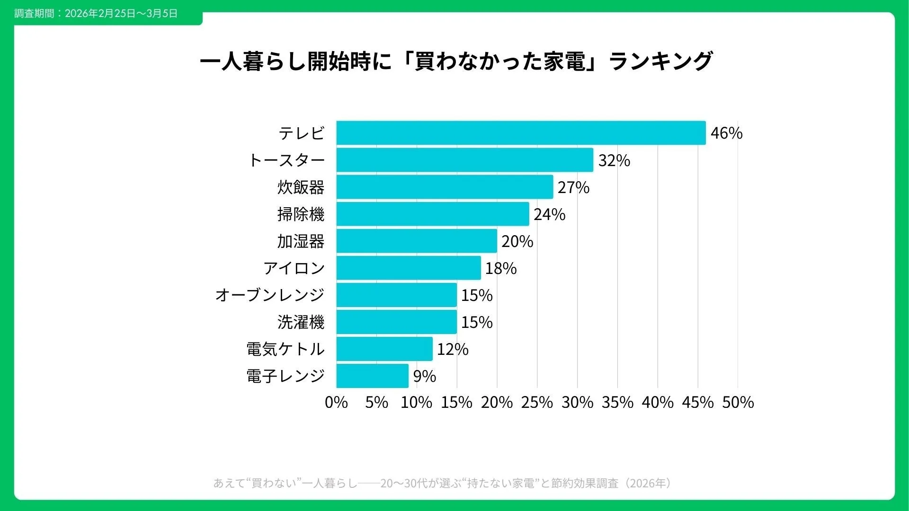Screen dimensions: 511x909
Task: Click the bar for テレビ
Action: coord(521,133)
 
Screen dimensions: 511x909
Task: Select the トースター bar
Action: coord(464,160)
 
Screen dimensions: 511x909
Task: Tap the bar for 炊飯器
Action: coord(445,187)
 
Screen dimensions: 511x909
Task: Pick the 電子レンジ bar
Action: coord(372,376)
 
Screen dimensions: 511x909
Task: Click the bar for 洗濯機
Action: coord(396,322)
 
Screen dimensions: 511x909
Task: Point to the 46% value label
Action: coord(726,133)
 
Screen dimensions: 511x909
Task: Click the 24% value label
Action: coord(549,214)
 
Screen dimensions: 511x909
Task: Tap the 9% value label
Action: coord(424,376)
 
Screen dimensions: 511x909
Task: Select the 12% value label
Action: coord(453,349)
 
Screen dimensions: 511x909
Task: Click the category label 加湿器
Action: coord(301,241)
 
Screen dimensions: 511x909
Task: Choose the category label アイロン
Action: coord(294,268)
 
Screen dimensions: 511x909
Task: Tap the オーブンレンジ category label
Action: coord(269,295)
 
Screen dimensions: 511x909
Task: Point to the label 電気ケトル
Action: coord(285,349)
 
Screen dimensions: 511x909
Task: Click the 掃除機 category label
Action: coord(301,214)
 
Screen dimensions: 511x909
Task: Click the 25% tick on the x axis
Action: coord(537,402)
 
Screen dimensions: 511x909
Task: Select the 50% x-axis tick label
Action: coord(738,402)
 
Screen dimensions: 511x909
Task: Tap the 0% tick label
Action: coord(336,402)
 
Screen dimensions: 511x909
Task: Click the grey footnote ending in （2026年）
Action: coord(442,483)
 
